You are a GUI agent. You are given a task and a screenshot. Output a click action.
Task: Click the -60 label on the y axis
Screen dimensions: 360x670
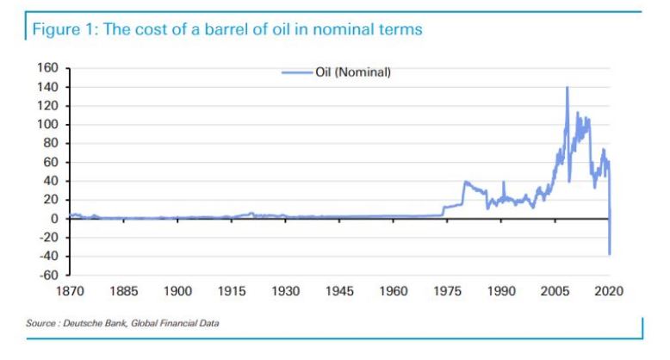coord(49,275)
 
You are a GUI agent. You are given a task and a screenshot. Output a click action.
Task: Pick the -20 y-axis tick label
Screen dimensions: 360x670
coord(49,237)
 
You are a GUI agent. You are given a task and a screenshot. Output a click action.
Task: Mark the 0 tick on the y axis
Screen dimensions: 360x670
coord(53,219)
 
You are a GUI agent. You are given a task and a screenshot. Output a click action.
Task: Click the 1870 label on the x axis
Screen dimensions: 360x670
coord(71,292)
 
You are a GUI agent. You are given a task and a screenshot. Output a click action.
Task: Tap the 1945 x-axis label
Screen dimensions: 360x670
coord(339,292)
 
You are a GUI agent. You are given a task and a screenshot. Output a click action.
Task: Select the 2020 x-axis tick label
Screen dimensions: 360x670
coord(609,292)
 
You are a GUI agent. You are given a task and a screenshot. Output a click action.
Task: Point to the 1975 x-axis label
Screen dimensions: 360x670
coord(448,292)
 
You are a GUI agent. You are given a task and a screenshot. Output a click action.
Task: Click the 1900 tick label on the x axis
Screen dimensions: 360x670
coord(178,292)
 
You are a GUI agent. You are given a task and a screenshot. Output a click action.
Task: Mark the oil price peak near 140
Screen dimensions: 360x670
coord(567,88)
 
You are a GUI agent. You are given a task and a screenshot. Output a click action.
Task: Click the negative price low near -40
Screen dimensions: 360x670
coord(609,254)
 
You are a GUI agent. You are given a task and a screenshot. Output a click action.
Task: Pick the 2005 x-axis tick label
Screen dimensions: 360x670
coord(555,292)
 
